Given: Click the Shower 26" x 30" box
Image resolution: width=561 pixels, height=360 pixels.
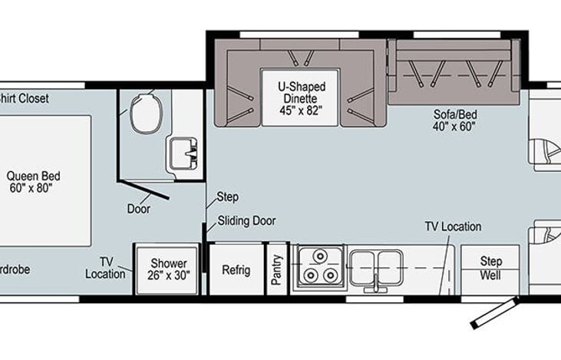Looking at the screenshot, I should pos(168,269).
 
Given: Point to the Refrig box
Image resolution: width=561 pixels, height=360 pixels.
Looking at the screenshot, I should pos(236,269).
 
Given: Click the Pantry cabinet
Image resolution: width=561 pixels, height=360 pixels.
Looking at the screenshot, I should pos(276,269).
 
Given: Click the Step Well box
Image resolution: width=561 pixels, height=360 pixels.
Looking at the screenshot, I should pos(490,268).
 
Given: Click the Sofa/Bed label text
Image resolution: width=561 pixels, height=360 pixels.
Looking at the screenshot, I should pos(454,121).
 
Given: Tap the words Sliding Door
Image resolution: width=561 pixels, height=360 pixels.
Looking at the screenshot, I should pos(246,221).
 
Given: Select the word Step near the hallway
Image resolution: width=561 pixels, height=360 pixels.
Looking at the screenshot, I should pos(228,197).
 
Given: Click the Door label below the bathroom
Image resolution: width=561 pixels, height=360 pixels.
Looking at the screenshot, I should pos(138,208).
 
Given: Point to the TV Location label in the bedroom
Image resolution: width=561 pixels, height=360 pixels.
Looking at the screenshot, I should pos(105,268).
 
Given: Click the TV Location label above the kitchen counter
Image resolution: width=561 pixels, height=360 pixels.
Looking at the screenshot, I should pos(453,226).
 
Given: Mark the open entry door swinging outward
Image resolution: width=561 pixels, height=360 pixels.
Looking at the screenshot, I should pos(495,314).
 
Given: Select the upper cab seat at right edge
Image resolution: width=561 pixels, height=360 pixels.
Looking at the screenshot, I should pos(546,137).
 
